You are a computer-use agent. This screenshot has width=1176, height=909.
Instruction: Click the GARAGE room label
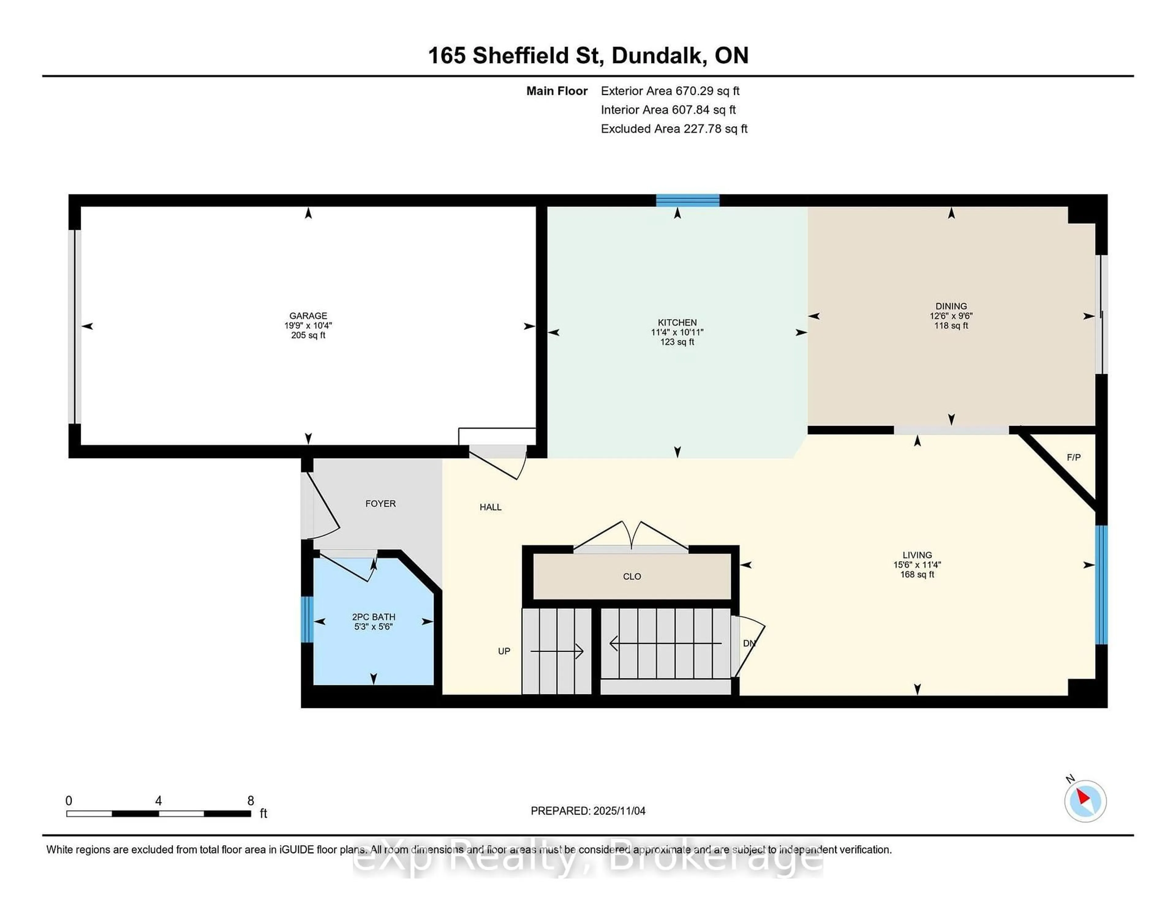click(308, 315)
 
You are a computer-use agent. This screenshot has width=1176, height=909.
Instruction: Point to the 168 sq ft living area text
click(917, 575)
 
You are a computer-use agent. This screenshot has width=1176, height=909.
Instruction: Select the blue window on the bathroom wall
click(306, 619)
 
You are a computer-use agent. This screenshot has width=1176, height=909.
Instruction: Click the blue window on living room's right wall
click(1102, 585)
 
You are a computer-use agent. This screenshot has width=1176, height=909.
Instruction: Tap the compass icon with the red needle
click(1085, 801)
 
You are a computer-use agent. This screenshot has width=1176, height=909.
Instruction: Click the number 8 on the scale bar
click(251, 801)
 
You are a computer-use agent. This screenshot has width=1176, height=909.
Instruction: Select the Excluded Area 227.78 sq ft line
click(674, 129)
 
